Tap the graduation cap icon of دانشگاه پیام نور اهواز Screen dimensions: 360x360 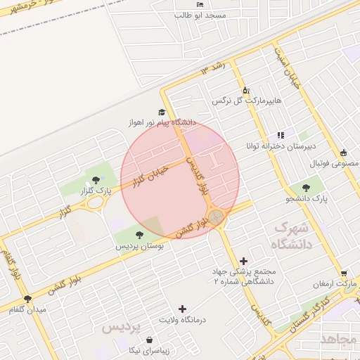coord(162,112)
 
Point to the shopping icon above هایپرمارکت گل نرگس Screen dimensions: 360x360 coord(245,90)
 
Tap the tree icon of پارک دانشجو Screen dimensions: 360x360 coord(306,188)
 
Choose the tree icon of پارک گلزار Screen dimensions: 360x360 coord(96,180)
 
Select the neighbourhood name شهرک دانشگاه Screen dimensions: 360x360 coord(290,236)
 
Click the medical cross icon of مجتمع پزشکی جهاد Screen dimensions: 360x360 coord(243,261)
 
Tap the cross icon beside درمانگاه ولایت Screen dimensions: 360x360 coord(183,309)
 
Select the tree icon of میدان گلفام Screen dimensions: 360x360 coord(27,299)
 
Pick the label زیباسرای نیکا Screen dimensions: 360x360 coord(149,349)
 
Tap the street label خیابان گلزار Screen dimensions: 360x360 coord(151,176)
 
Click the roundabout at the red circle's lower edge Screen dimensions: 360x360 coord(217,217)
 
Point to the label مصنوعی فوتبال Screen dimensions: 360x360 coord(335,163)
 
